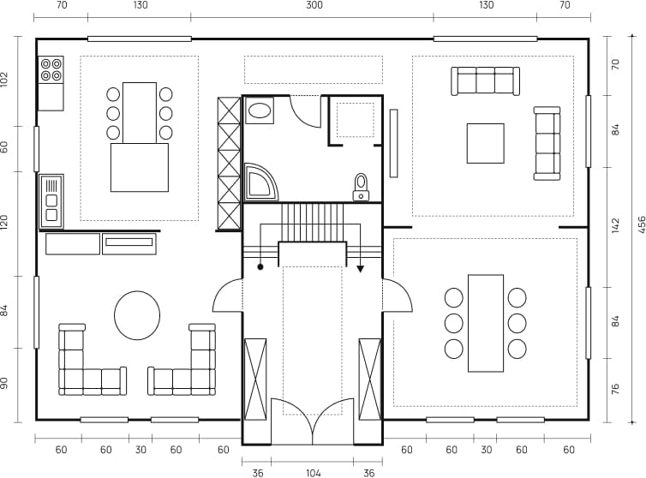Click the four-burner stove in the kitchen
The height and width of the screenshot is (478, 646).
pyautogui.click(x=51, y=69)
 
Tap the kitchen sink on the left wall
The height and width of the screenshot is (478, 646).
pyautogui.click(x=51, y=201)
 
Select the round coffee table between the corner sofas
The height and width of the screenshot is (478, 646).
pyautogui.click(x=137, y=314)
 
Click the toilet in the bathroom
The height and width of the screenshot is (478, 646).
pyautogui.click(x=361, y=185)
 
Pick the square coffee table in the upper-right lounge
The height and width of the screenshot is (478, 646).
pyautogui.click(x=485, y=143)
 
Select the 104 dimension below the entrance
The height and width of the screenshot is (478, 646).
pyautogui.click(x=313, y=471)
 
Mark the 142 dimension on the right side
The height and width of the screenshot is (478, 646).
pyautogui.click(x=614, y=225)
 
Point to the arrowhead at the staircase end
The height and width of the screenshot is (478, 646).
pyautogui.click(x=361, y=269)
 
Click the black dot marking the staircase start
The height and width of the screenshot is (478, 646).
pyautogui.click(x=260, y=268)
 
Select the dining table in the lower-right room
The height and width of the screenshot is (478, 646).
pyautogui.click(x=486, y=323)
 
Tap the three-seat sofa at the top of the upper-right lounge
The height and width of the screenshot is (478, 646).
pyautogui.click(x=485, y=81)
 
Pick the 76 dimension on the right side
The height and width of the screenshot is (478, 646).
pyautogui.click(x=614, y=391)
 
